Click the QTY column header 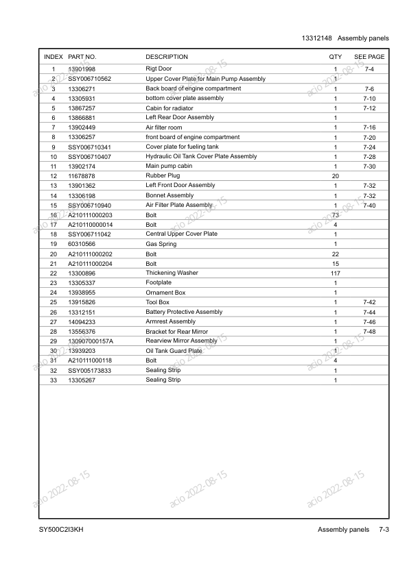tap(336, 57)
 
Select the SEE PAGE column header tap(369, 57)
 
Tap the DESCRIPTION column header tap(167, 57)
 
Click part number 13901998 tap(82, 70)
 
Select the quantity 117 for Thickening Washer tap(336, 273)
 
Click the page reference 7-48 tap(369, 332)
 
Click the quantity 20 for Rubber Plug tap(336, 176)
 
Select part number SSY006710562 tap(90, 79)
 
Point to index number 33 tap(53, 380)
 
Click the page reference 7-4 tap(369, 70)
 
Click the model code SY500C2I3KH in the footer tap(62, 530)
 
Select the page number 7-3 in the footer tap(384, 530)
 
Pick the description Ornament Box tap(165, 293)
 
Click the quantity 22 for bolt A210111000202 tap(336, 254)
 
